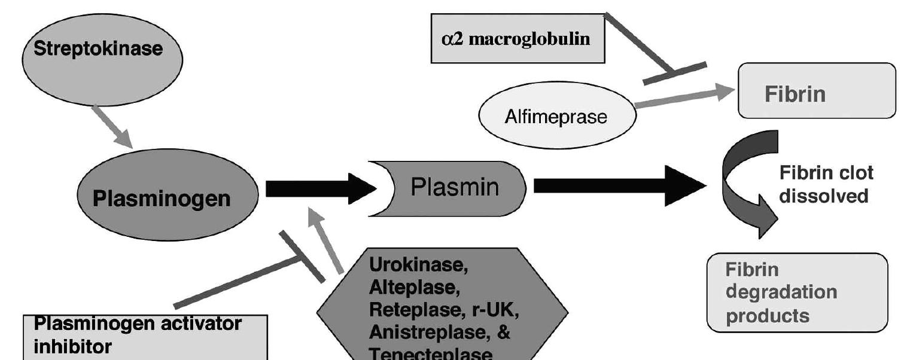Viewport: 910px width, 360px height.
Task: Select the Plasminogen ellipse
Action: pos(168,197)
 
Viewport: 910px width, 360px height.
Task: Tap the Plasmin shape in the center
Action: pos(455,188)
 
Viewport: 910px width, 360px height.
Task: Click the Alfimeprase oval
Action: pos(556,116)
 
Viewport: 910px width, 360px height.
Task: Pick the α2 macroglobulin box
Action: pos(518,39)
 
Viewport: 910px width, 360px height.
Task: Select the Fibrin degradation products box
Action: pos(797,292)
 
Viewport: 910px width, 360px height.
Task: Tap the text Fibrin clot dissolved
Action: pos(826,184)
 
